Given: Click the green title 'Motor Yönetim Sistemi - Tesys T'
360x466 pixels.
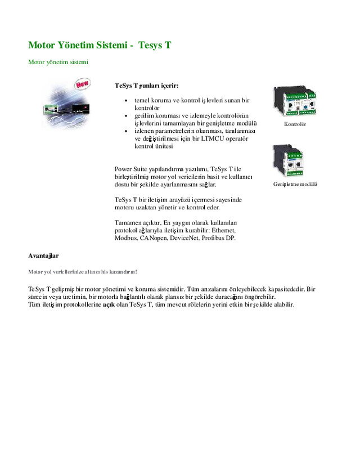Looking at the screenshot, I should [x=100, y=44].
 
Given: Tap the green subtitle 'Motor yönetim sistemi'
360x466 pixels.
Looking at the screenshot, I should [x=58, y=61].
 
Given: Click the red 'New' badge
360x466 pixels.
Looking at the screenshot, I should [x=83, y=84].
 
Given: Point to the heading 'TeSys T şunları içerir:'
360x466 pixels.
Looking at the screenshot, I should [x=147, y=86].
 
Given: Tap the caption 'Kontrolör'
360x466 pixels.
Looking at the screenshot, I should [x=295, y=124].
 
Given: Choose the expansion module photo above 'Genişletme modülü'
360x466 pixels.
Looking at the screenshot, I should [x=288, y=160].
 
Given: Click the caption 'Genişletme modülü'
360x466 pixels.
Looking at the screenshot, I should [x=295, y=184].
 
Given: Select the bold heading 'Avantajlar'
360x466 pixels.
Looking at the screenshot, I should [x=43, y=256].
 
